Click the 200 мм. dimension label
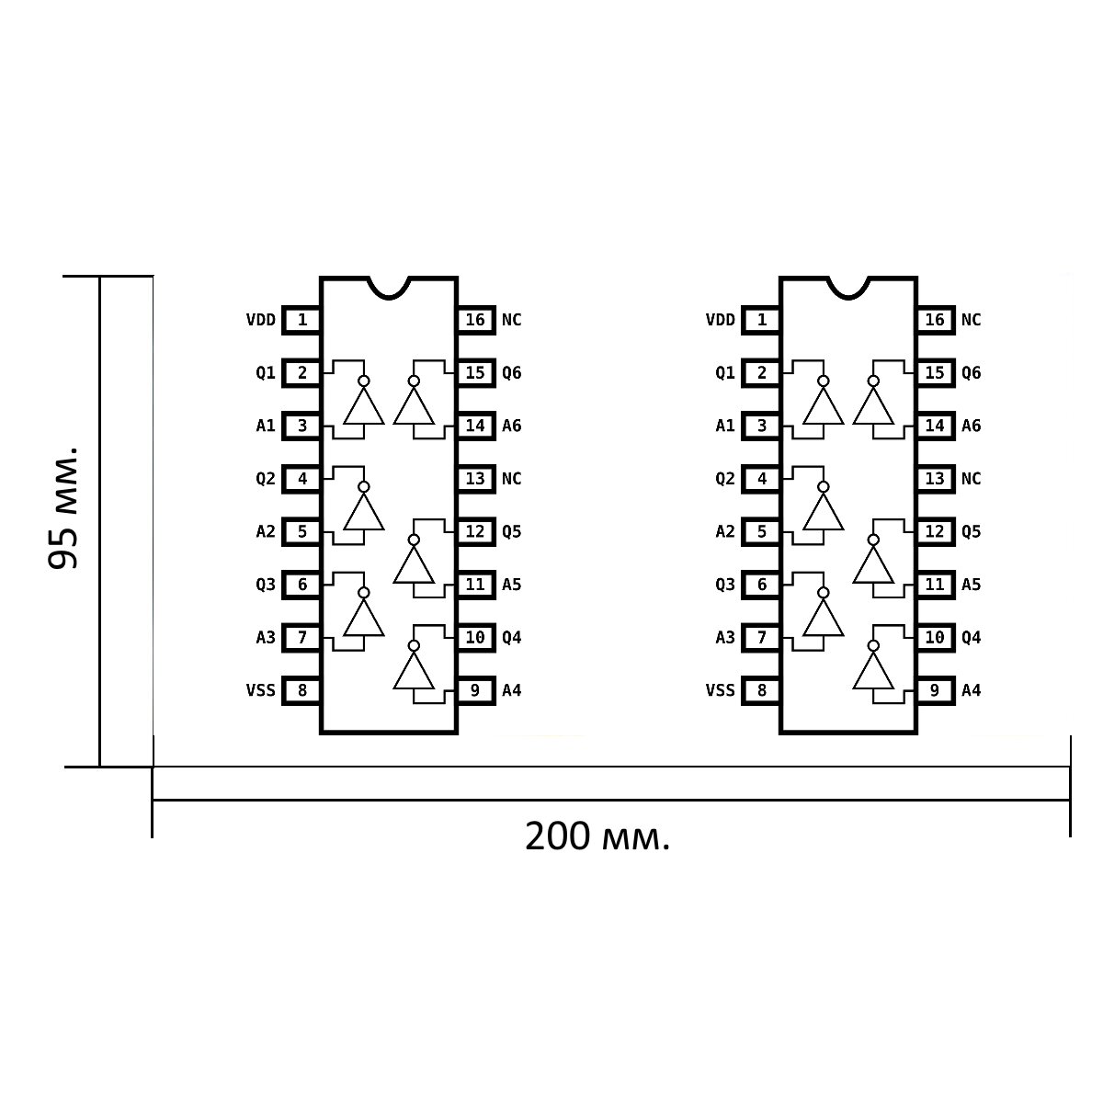597,836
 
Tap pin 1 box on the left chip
301,320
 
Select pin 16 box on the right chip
935,320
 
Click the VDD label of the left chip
261,320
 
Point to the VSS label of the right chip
721,690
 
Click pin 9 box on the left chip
475,690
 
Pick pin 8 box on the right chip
761,690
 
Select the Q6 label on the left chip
512,373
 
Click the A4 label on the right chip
972,690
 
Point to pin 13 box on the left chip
475,479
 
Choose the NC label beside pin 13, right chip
972,479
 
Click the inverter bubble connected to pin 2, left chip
363,381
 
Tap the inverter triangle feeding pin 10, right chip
873,671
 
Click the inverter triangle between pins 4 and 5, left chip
363,512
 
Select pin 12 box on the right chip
935,532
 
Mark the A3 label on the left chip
266,638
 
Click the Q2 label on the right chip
725,479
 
